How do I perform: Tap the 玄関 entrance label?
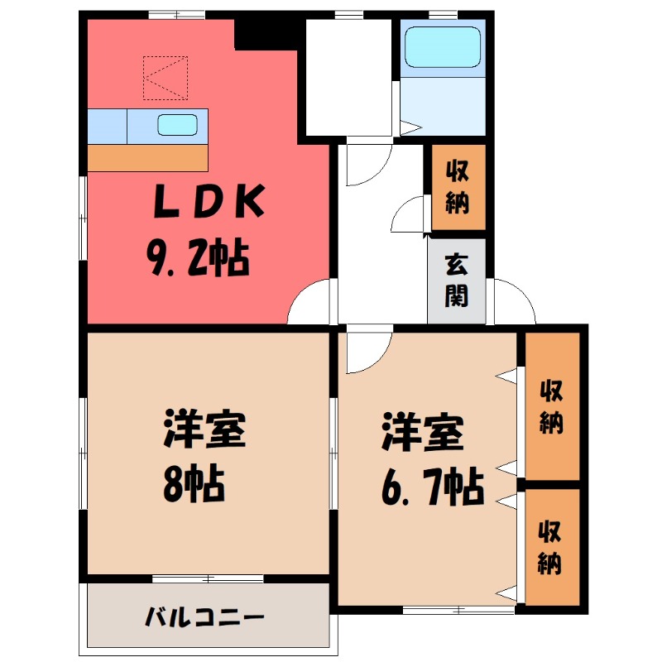click(x=455, y=281)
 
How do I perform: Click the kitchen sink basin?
click(x=177, y=125)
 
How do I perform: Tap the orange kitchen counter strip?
click(x=147, y=157)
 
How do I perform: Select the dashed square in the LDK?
click(x=165, y=78)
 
